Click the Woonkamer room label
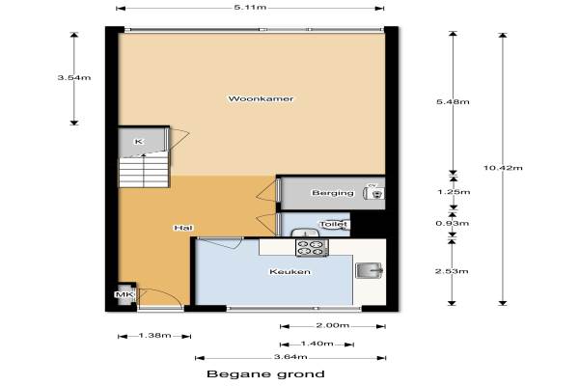coord(261,98)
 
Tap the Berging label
coord(333,192)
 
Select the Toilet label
coord(334,224)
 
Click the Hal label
coord(183,228)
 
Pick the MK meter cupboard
coord(125,294)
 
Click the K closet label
coord(138,142)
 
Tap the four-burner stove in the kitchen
coord(312,247)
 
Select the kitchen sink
coord(370,270)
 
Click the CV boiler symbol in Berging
coord(374,193)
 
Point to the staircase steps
coord(144,172)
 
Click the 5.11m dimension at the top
coord(250,7)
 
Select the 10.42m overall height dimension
coord(503,168)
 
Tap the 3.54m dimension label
coord(74,77)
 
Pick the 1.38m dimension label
coord(154,336)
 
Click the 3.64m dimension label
coord(290,357)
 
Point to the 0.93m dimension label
coord(453,223)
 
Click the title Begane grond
coord(266,374)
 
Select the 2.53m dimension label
coord(452,271)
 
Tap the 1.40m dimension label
coord(317,344)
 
